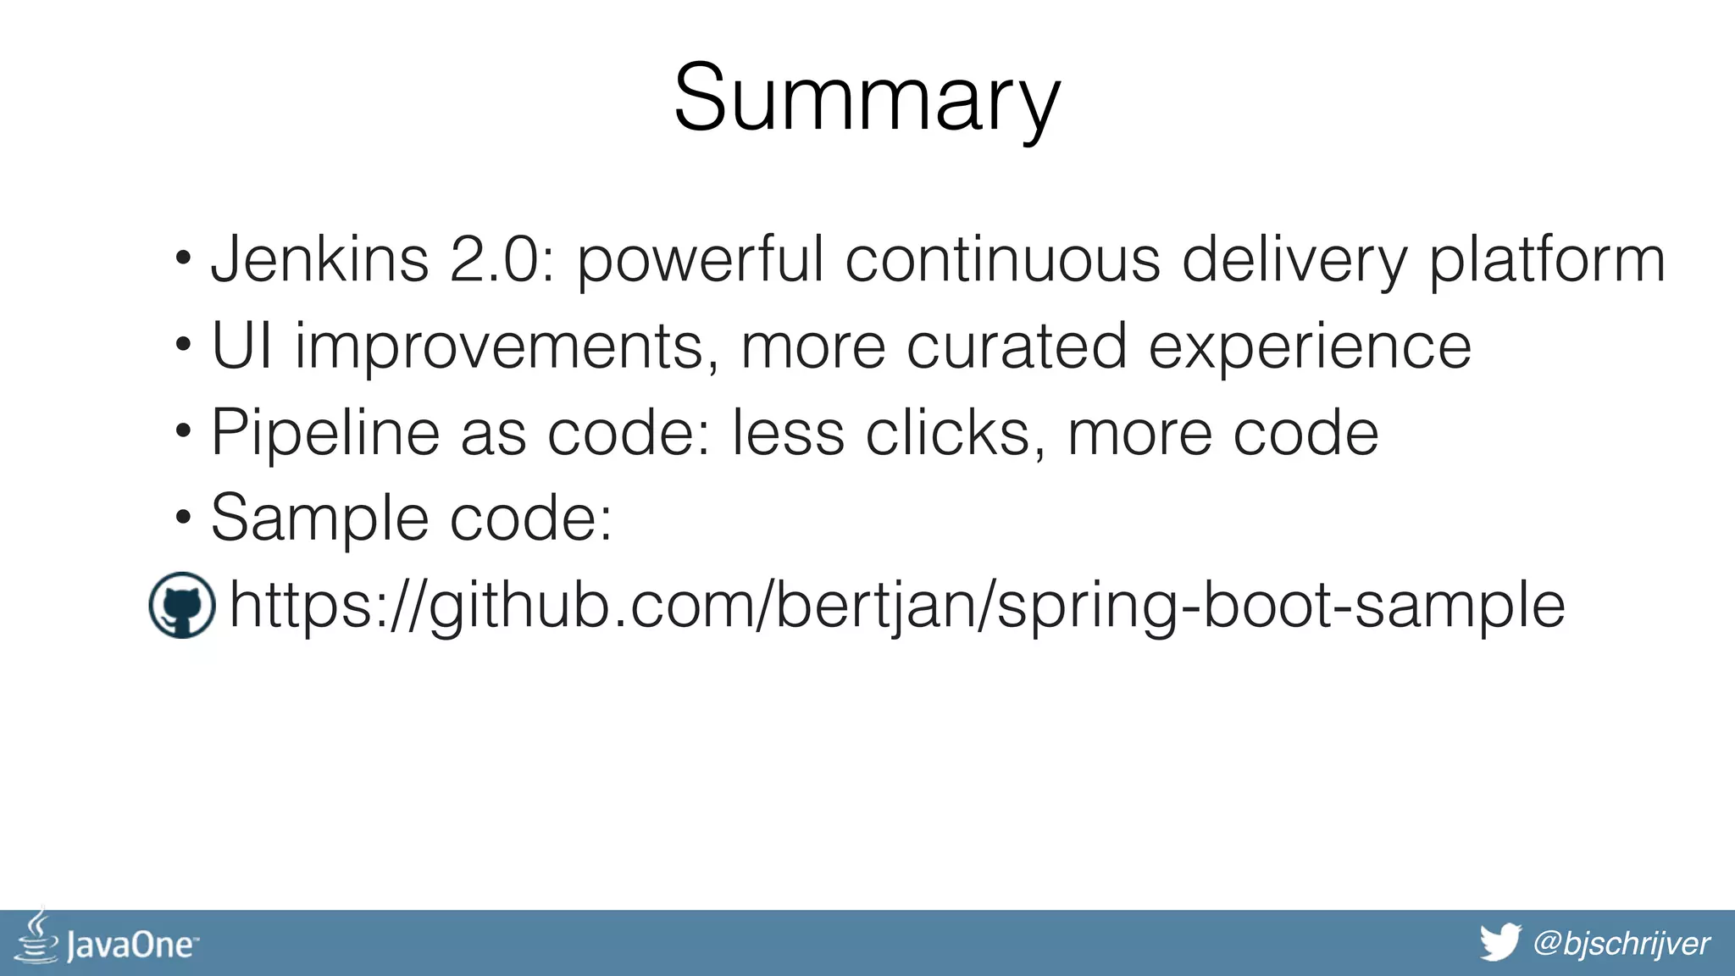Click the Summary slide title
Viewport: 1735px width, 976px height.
pos(867,98)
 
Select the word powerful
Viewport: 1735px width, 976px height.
pos(700,261)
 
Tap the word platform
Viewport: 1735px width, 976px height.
pos(1547,261)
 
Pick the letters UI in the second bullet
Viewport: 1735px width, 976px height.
pos(241,346)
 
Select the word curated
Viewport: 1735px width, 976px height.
pos(1017,346)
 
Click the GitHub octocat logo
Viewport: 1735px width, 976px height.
pos(181,605)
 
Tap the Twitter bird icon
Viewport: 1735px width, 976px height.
pos(1500,942)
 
